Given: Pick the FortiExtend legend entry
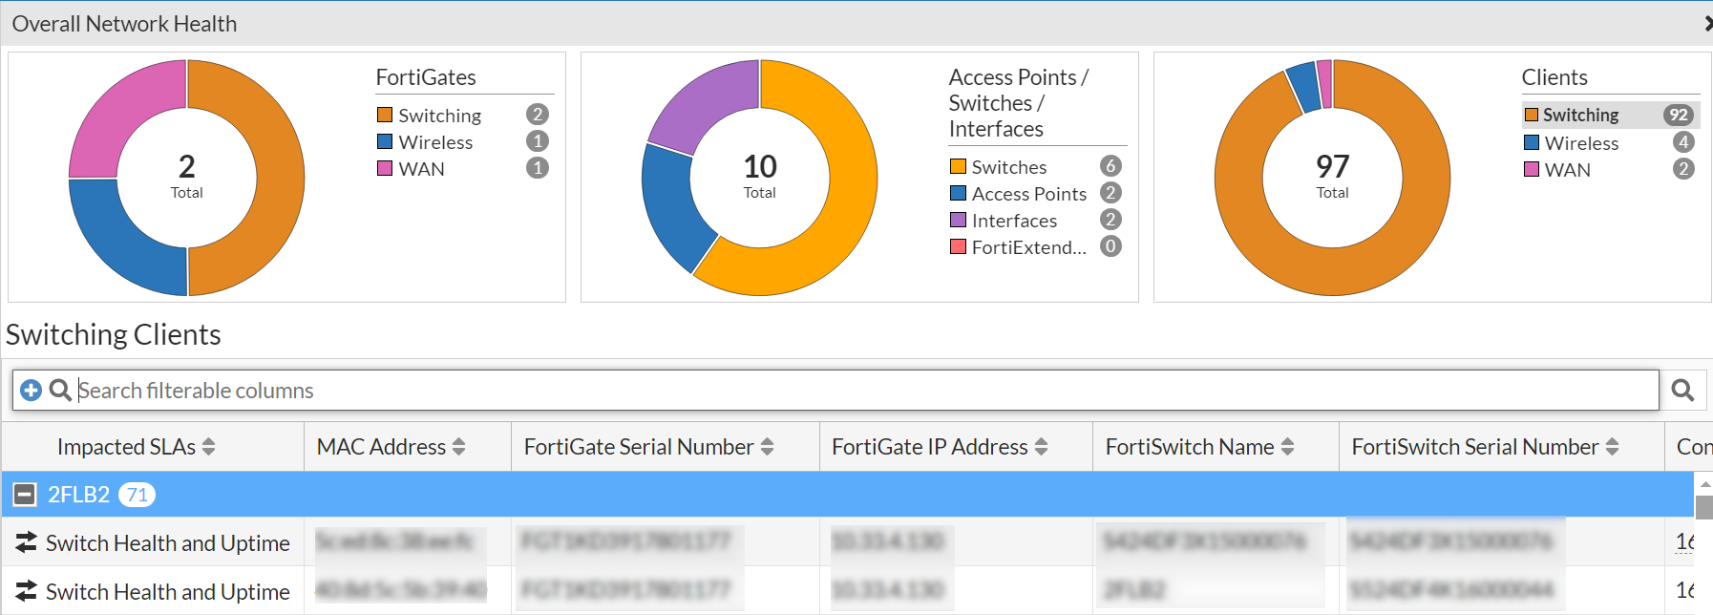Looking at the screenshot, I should tap(1028, 247).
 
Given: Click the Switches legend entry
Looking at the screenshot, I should tap(1008, 167).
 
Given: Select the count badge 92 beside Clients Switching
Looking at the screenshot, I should tap(1678, 116).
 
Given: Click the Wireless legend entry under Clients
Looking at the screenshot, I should tap(1581, 143).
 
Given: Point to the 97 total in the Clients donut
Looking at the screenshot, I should tap(1332, 167).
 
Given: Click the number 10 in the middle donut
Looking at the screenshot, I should tap(760, 167).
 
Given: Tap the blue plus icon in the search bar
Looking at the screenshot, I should tap(31, 391).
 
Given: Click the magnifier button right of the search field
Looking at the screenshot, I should tap(1682, 391).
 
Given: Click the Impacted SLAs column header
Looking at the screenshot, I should tap(126, 447).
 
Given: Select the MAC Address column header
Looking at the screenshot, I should tap(381, 447).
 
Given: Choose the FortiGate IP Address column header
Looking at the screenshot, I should tap(929, 447).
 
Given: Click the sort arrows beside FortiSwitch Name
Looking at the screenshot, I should tap(1287, 447).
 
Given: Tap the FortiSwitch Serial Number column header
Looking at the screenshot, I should tap(1474, 447).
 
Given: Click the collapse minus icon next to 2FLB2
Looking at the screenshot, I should tap(25, 495).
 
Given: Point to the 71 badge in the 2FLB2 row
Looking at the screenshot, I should tap(137, 495).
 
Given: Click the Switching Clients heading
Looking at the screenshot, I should tap(114, 335).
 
